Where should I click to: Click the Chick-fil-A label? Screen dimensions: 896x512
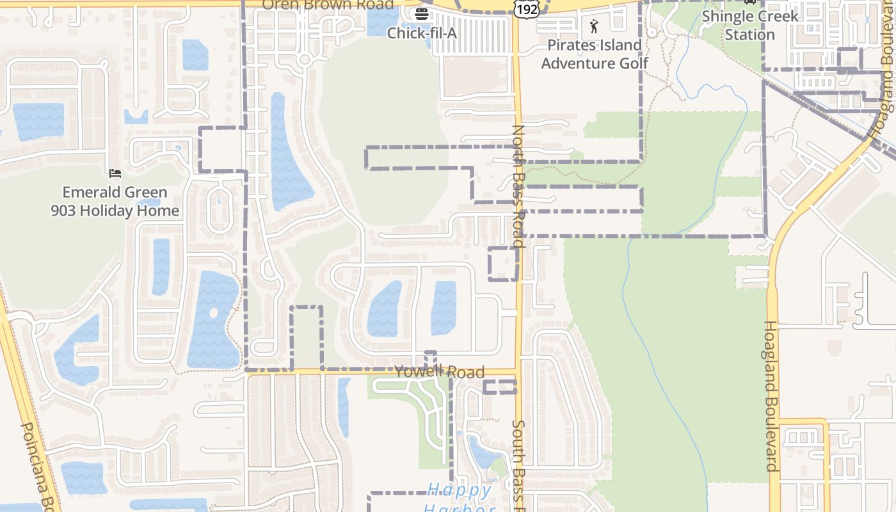coord(422,33)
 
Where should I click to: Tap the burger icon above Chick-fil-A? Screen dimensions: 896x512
coord(421,13)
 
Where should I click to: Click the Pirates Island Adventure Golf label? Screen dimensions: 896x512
coord(594,54)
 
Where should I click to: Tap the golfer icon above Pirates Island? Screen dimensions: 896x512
coord(594,26)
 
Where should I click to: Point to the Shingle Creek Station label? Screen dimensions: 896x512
coord(750,25)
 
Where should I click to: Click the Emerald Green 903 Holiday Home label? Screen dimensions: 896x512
coord(115,202)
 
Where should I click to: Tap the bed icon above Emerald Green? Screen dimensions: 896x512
coord(115,173)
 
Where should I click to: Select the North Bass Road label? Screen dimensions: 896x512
coord(518,186)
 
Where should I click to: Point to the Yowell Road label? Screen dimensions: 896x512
coord(439,372)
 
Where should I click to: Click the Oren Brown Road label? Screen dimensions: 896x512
coord(328,5)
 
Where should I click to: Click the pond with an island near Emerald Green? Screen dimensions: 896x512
coord(212,320)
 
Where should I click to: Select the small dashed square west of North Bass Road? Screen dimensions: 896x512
coord(503,264)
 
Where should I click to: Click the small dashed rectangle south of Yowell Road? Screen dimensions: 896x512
coord(499,387)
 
